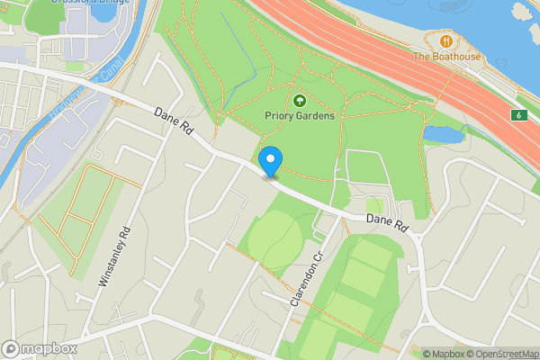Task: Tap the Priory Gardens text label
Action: click(300, 116)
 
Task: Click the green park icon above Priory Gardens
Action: click(300, 100)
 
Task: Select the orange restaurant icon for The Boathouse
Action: click(446, 40)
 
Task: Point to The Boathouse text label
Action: click(447, 57)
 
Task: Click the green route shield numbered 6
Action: click(519, 115)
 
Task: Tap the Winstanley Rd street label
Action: click(115, 256)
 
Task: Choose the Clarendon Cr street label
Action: click(305, 276)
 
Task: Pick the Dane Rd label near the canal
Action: click(174, 123)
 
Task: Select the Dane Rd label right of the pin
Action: click(388, 220)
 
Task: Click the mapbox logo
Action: click(40, 348)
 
